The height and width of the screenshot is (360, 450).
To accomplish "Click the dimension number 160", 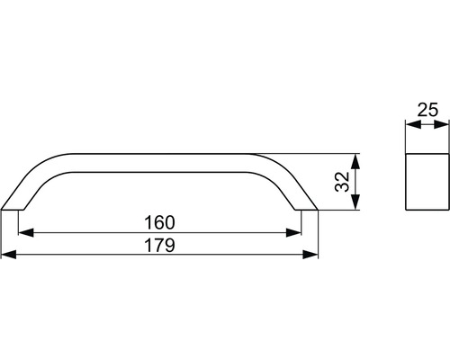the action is pos(159,222).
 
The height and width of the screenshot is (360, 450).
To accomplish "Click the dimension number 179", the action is pos(159,245).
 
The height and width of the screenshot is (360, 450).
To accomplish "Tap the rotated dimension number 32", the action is pos(342,182).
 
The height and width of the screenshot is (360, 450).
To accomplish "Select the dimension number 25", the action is pos(427,110).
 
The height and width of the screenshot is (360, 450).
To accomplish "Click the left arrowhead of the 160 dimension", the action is pos(26,232).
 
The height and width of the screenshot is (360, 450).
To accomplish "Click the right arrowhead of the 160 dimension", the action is pos(293,232).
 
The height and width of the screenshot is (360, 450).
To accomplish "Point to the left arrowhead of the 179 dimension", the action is pos(9,255).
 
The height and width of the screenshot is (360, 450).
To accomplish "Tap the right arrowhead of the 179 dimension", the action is pos(310,255).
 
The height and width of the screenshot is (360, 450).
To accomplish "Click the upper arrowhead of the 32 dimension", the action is pos(355,161).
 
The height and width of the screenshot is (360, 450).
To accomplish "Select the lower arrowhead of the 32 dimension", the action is pos(355,202).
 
